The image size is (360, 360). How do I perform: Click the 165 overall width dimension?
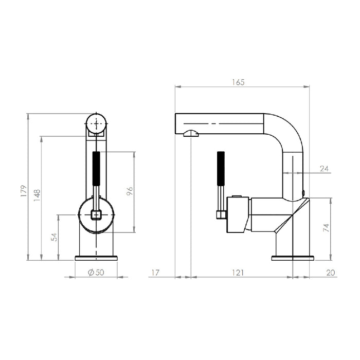tap(238, 82)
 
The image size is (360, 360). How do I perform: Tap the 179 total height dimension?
tap(24, 191)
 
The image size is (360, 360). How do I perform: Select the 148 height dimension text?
tap(37, 195)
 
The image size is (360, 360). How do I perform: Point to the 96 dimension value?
tap(130, 191)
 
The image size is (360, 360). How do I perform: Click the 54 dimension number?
tap(55, 237)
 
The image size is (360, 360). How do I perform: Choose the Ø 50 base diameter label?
tap(96, 272)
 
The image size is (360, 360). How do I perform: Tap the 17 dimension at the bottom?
tap(155, 273)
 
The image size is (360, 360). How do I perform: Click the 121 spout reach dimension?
tap(238, 273)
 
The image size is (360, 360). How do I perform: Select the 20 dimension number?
tap(331, 273)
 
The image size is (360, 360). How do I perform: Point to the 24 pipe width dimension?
tap(324, 169)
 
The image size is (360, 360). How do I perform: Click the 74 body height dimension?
tap(326, 227)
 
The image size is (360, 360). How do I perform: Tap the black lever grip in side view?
tap(221, 168)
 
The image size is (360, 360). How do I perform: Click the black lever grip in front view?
tap(96, 168)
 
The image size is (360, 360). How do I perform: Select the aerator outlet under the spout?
tap(191, 133)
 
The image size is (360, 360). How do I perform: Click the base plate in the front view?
tap(96, 258)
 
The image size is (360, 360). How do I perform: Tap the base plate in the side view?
tap(293, 258)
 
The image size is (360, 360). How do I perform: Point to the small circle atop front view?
tap(96, 123)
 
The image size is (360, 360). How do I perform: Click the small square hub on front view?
tap(96, 214)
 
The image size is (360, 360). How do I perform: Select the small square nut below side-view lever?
tap(221, 215)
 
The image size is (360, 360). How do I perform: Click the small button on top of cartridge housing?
tap(237, 196)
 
